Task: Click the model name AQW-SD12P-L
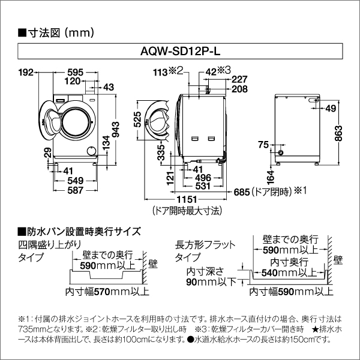tap(180, 53)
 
